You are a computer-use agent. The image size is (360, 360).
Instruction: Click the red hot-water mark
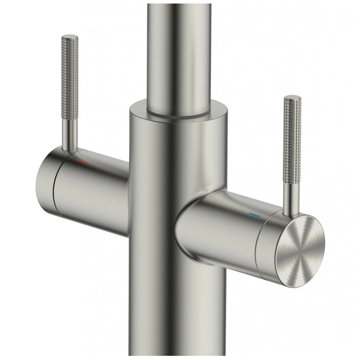pos(82,162)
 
